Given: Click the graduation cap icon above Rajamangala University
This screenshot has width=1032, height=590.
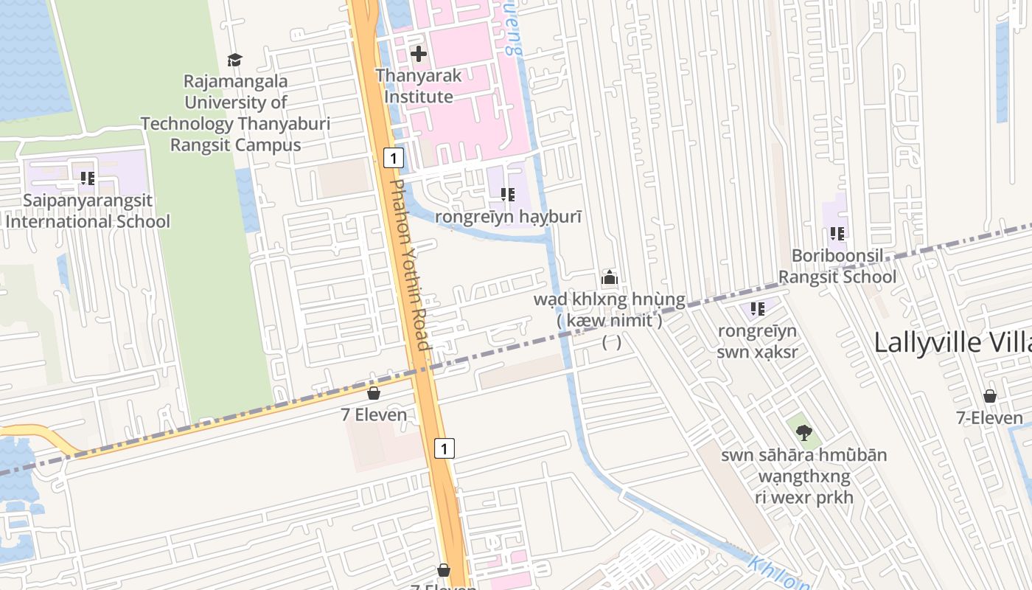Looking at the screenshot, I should coord(234,60).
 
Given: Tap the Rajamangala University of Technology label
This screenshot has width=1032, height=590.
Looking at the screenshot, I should coord(235,113).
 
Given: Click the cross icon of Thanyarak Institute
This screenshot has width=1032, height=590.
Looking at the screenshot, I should coord(419,54).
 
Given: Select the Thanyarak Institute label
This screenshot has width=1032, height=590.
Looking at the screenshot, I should coord(418,86).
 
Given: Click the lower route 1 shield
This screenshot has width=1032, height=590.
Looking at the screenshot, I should coord(444,448).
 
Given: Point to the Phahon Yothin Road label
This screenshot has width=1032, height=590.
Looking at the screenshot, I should coord(408,265).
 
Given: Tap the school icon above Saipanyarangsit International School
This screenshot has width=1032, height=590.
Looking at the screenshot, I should coord(88,178).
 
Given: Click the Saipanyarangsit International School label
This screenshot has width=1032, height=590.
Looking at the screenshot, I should coord(88,210).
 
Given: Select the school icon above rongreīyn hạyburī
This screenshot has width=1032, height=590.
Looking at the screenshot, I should coord(507,195).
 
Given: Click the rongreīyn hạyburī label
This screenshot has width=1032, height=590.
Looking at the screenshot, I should coord(509,217).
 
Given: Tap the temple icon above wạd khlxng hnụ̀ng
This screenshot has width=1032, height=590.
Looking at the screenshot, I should coord(609,278).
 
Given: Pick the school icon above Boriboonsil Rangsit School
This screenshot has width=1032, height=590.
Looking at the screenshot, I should coord(837,234).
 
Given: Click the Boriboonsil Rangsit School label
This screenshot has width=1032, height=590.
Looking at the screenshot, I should coord(837,266).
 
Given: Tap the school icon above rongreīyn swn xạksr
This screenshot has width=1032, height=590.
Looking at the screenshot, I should coord(757,309).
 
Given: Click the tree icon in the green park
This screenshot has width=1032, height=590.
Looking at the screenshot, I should coord(803,433).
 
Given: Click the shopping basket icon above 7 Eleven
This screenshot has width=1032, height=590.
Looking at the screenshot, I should coord(374,393).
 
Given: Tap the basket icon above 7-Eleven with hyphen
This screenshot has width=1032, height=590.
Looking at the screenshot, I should coord(989,396).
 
